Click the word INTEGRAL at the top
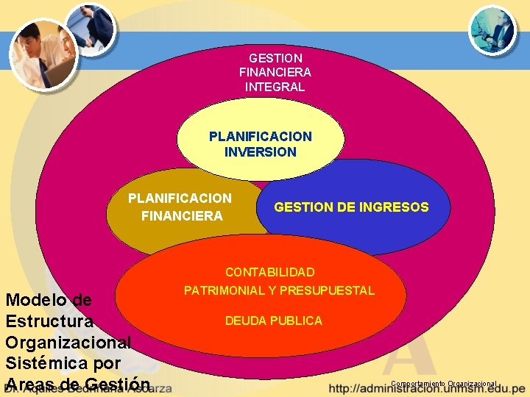(275, 87)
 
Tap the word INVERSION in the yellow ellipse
(261, 152)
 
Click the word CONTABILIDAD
(269, 272)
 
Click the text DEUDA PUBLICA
(273, 321)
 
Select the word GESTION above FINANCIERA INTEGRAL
(275, 57)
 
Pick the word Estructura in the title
(49, 321)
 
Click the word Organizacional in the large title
(67, 343)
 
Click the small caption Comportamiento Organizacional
(444, 384)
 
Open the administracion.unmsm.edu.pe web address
(427, 389)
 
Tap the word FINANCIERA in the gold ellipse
(181, 215)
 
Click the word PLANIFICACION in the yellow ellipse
(260, 136)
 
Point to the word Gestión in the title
(117, 385)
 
